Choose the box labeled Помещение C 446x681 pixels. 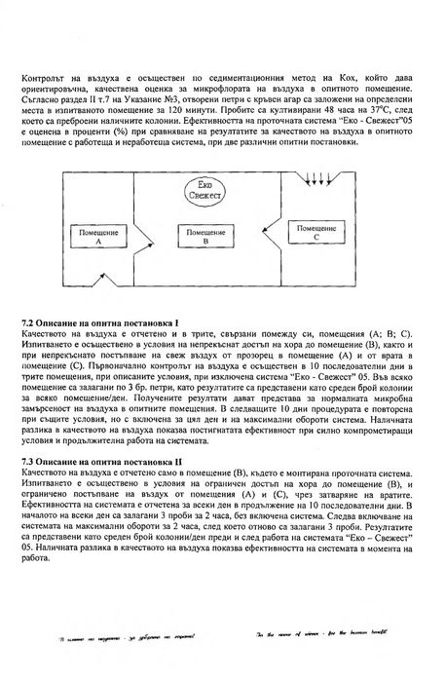(x=321, y=234)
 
